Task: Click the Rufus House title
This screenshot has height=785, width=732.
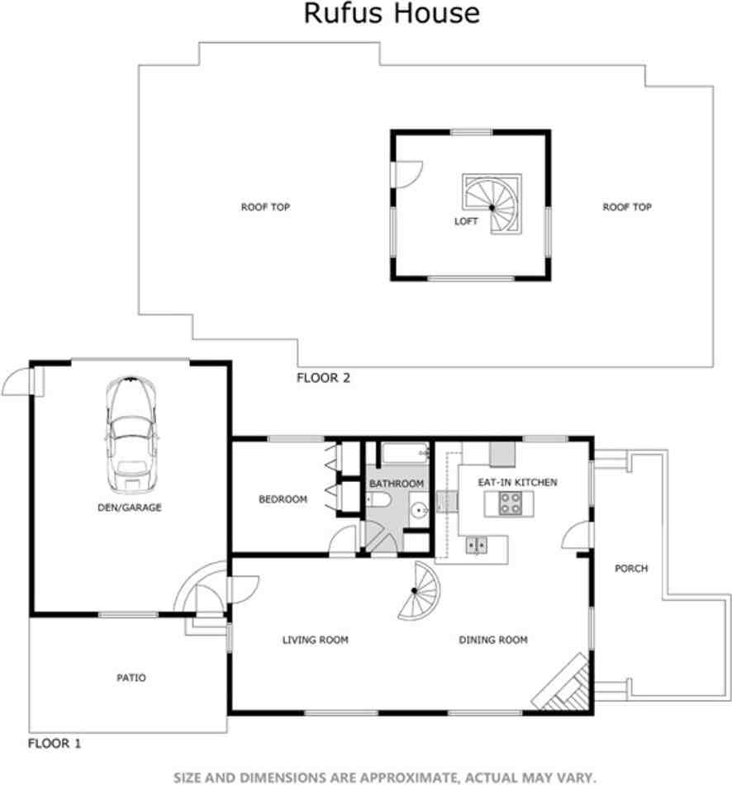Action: click(x=392, y=14)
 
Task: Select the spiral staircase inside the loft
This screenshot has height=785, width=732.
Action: click(x=492, y=204)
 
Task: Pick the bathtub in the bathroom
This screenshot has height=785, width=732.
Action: click(x=404, y=453)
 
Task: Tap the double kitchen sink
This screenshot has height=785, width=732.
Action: click(x=475, y=544)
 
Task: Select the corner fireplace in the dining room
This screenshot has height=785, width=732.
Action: click(x=565, y=681)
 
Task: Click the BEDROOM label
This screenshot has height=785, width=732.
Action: click(x=283, y=499)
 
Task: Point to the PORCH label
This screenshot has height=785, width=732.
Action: click(x=631, y=569)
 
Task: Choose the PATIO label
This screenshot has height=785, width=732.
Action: click(x=131, y=678)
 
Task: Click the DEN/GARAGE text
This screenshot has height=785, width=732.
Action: click(x=129, y=508)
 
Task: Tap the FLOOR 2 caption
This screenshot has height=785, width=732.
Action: click(x=323, y=378)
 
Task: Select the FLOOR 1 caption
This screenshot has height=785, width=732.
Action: click(x=55, y=743)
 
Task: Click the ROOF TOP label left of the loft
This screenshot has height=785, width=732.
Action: click(x=265, y=207)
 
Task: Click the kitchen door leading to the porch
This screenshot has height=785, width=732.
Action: click(x=575, y=540)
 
